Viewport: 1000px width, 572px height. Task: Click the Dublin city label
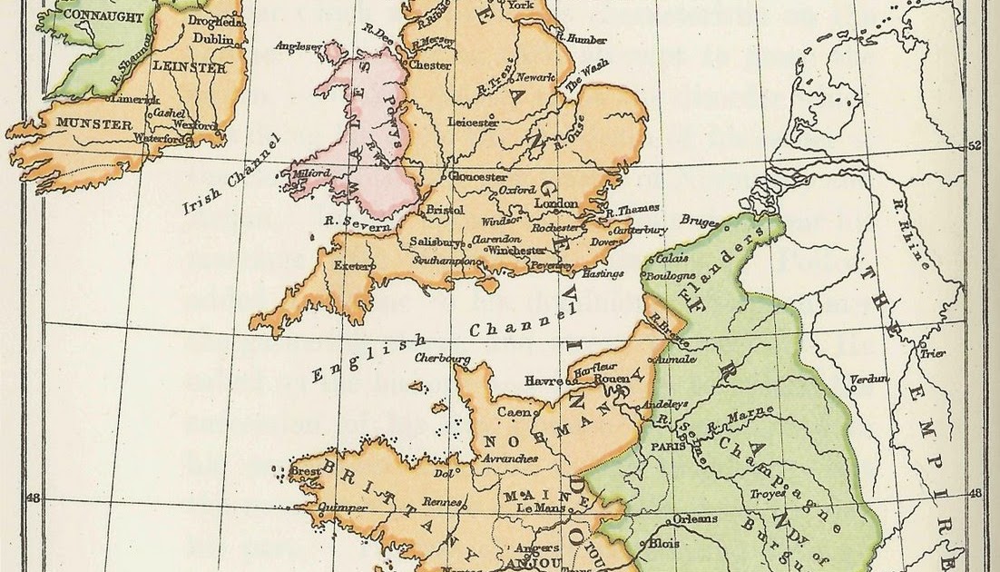pyautogui.click(x=213, y=39)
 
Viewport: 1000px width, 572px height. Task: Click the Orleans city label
pyautogui.click(x=695, y=519)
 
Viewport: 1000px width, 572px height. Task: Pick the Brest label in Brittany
pyautogui.click(x=303, y=471)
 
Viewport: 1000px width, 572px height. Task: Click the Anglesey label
pyautogui.click(x=304, y=49)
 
